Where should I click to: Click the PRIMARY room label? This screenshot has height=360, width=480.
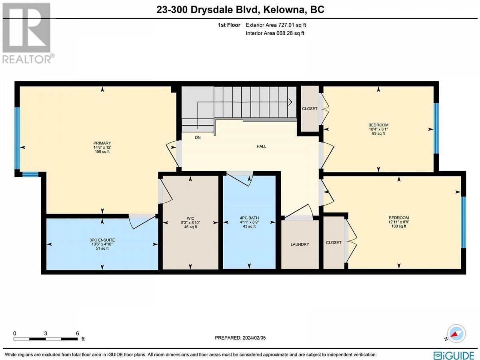tap(102, 143)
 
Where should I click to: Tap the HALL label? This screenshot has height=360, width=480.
tap(261, 146)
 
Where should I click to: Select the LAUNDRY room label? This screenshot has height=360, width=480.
tap(300, 244)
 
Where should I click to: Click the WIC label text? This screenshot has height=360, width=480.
tap(190, 218)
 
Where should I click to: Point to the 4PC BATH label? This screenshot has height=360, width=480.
tap(249, 218)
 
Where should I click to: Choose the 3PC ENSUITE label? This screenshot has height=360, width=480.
tap(102, 240)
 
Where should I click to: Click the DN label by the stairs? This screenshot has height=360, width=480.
tap(198, 138)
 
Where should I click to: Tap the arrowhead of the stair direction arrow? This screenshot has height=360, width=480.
tap(291, 102)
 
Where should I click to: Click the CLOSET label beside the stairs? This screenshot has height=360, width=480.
tap(310, 109)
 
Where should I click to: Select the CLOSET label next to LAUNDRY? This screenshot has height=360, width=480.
tap(334, 243)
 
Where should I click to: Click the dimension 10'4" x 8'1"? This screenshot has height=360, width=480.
tap(378, 129)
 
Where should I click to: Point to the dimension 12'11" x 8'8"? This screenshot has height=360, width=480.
tap(399, 222)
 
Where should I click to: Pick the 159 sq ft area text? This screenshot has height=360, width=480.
tap(102, 152)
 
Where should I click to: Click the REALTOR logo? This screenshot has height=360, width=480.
tap(27, 33)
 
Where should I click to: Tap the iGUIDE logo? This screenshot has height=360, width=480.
tap(454, 354)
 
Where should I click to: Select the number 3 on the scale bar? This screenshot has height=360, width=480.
tap(46, 333)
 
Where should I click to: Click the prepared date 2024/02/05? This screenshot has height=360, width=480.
tap(254, 338)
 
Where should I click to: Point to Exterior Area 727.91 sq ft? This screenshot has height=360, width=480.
tap(276, 25)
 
